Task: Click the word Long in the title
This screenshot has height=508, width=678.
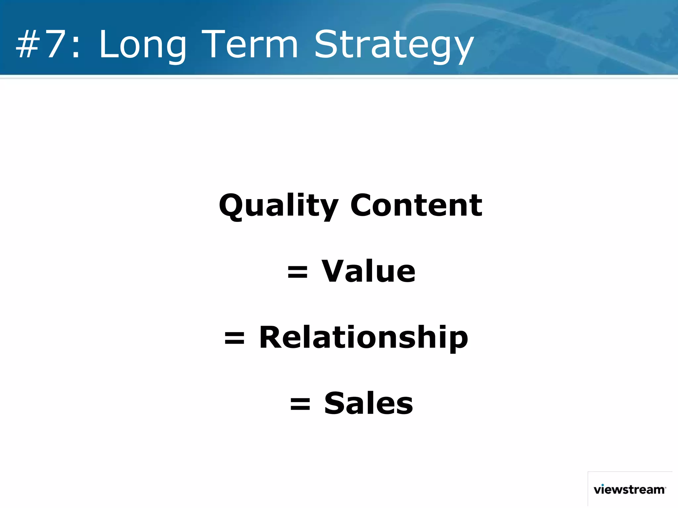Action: pos(142,45)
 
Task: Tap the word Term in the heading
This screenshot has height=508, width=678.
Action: pos(250,45)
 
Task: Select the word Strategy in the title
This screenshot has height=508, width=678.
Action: pos(394,46)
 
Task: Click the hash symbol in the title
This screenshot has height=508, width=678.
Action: pos(28,45)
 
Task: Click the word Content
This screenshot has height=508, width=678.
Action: pos(416,206)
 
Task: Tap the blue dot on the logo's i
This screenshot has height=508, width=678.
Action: pos(603,485)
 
